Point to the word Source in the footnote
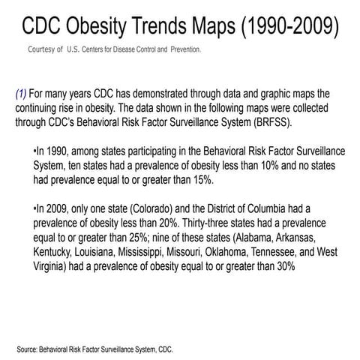[29, 349]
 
